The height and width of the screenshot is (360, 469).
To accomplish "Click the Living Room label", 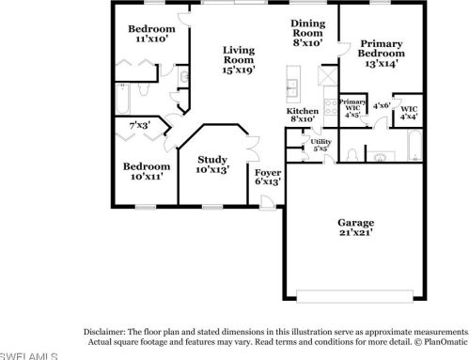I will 240,58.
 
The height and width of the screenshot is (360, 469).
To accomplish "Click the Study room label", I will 211,165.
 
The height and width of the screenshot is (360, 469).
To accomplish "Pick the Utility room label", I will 320,144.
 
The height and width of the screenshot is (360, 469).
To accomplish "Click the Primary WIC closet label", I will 352,108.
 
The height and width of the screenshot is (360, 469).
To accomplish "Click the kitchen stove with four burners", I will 331,108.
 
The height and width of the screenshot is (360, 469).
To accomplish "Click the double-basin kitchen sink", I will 292,88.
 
